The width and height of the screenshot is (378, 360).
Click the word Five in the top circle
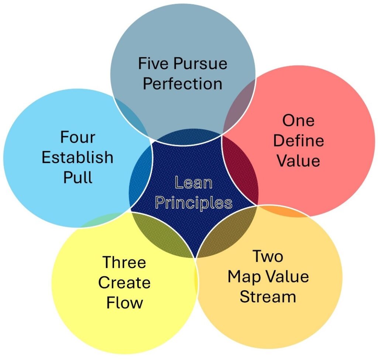pos(151,64)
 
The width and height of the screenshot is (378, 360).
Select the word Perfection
pos(182,84)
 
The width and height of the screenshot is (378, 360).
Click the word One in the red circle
pos(298,121)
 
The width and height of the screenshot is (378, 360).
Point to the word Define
pos(299,141)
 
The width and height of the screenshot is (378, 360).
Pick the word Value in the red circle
pos(299,161)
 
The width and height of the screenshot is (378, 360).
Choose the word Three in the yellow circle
pos(124,263)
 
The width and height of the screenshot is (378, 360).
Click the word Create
pos(124,283)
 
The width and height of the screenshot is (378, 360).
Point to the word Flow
pos(124,303)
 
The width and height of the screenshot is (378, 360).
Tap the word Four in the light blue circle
pos(78,137)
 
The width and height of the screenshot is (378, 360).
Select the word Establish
pos(78,158)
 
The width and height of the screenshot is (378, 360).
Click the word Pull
pos(78,178)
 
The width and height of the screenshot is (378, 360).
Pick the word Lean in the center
pos(193,183)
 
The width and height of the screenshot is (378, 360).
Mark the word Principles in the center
pos(193,203)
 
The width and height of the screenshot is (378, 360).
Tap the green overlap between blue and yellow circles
pos(97,221)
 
